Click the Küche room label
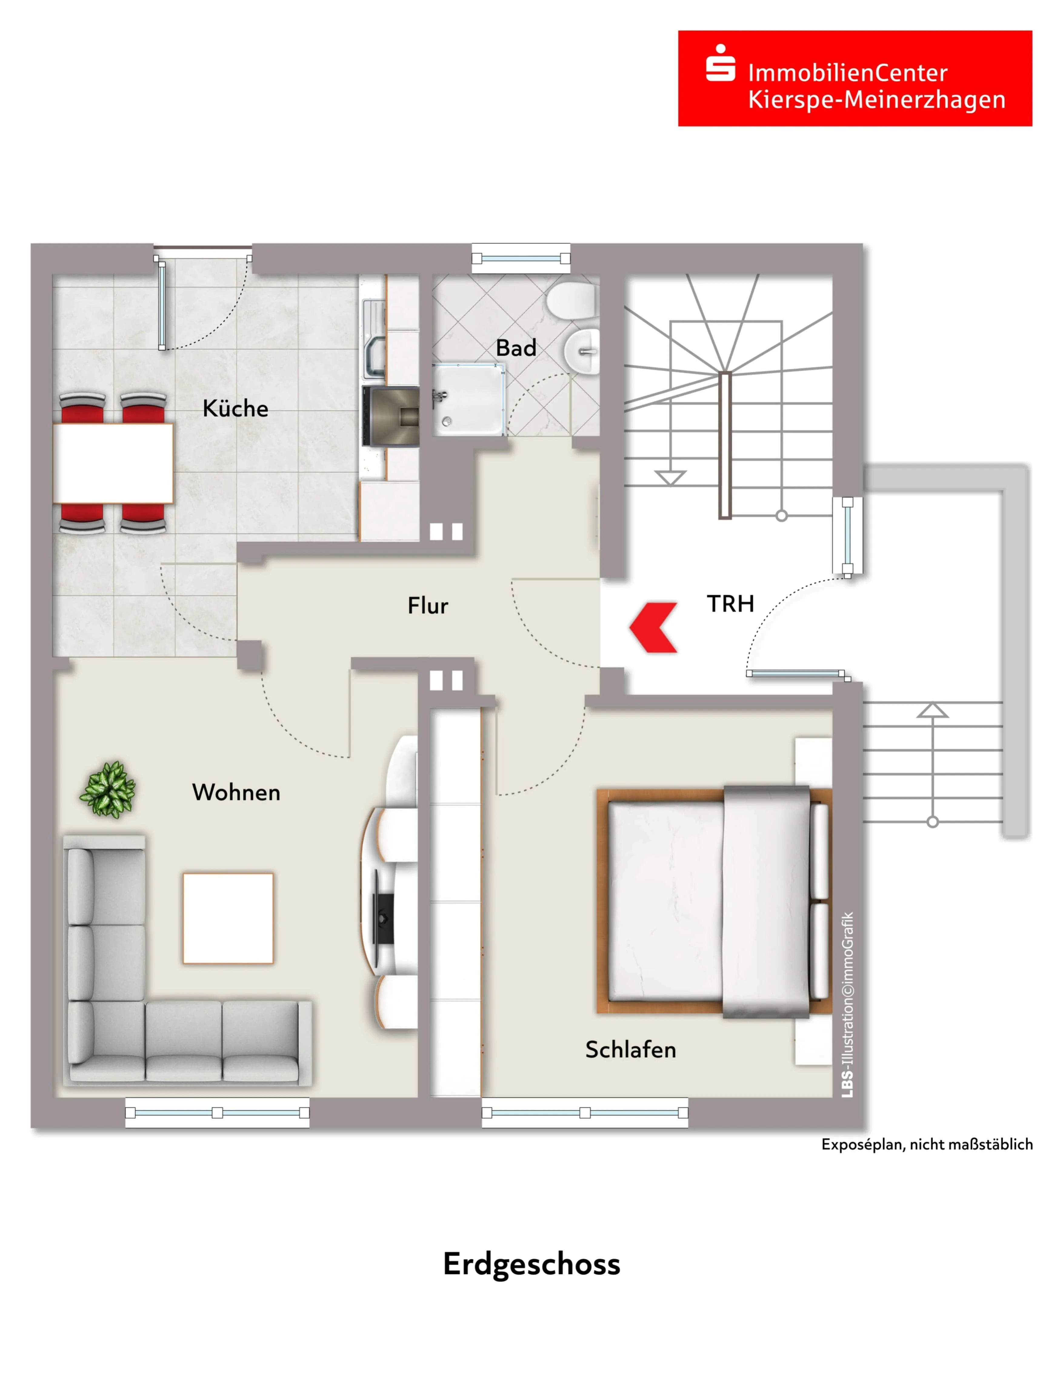pyautogui.click(x=235, y=408)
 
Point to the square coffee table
pyautogui.click(x=228, y=919)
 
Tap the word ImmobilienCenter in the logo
pyautogui.click(x=848, y=73)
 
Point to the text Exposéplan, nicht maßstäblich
pyautogui.click(x=927, y=1144)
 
